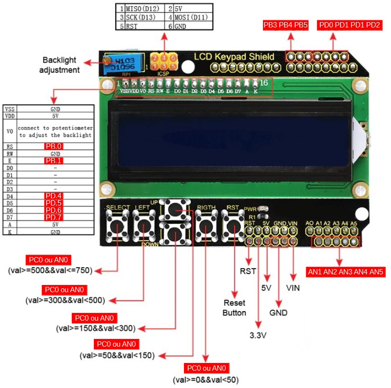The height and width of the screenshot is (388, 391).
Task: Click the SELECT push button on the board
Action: coord(117,225)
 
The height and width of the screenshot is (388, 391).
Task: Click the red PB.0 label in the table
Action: coord(54,146)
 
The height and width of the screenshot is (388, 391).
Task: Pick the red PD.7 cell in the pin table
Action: coord(54,217)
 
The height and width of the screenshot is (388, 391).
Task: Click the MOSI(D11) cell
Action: coord(191,17)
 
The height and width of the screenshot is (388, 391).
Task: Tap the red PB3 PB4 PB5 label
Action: coord(286,25)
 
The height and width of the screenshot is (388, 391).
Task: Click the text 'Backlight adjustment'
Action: coord(60,65)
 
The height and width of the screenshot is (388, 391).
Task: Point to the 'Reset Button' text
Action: coord(235,308)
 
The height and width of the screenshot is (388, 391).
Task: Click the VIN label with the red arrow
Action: coord(293,288)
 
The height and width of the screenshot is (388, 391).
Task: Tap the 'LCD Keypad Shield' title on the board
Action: coord(234,57)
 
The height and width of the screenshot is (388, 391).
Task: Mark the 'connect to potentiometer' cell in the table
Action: coord(55,131)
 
